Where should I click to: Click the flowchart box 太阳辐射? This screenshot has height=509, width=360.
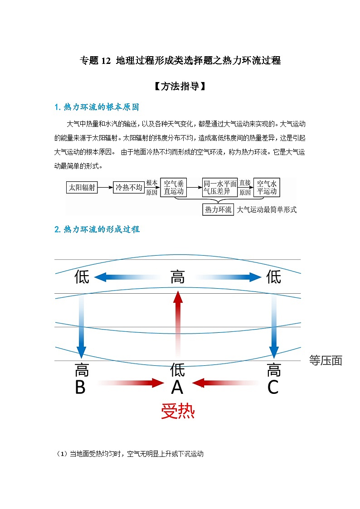pos(82,187)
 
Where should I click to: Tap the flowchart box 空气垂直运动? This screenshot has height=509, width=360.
pos(174,187)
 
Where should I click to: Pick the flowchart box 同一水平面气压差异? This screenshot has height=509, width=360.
pos(220,187)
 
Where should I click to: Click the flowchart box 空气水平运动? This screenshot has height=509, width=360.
pos(267,187)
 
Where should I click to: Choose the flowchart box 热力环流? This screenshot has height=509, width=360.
pos(218,209)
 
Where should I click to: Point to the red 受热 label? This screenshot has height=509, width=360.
pos(178,411)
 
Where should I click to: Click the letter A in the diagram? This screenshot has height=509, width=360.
pos(177,388)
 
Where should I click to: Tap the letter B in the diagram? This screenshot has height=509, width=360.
pos(80,388)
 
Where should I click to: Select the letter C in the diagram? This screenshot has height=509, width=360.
pos(273,388)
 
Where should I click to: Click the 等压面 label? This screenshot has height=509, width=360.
pos(326,360)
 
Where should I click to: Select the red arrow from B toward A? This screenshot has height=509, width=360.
pos(131,383)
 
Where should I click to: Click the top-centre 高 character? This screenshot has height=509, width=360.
pos(178,276)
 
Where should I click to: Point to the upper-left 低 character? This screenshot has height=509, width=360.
pos(82,276)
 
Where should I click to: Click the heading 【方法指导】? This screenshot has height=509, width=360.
pos(180,86)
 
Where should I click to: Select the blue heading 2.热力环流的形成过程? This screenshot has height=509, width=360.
pos(97,229)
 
